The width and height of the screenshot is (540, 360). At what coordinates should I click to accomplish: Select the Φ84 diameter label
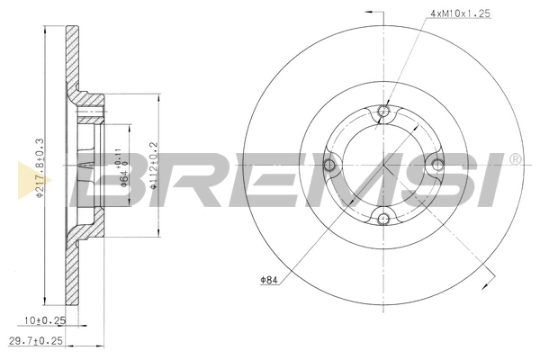point(269,280)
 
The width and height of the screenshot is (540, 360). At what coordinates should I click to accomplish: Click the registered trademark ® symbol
point(515,159)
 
